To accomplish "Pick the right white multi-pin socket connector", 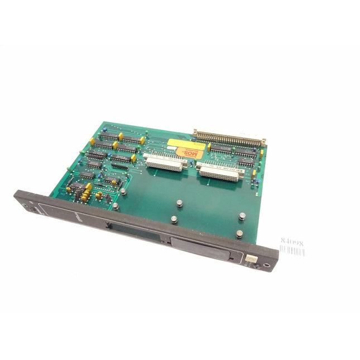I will (219, 170).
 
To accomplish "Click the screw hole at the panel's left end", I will (24, 204).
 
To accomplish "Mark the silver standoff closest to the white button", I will (239, 234).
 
